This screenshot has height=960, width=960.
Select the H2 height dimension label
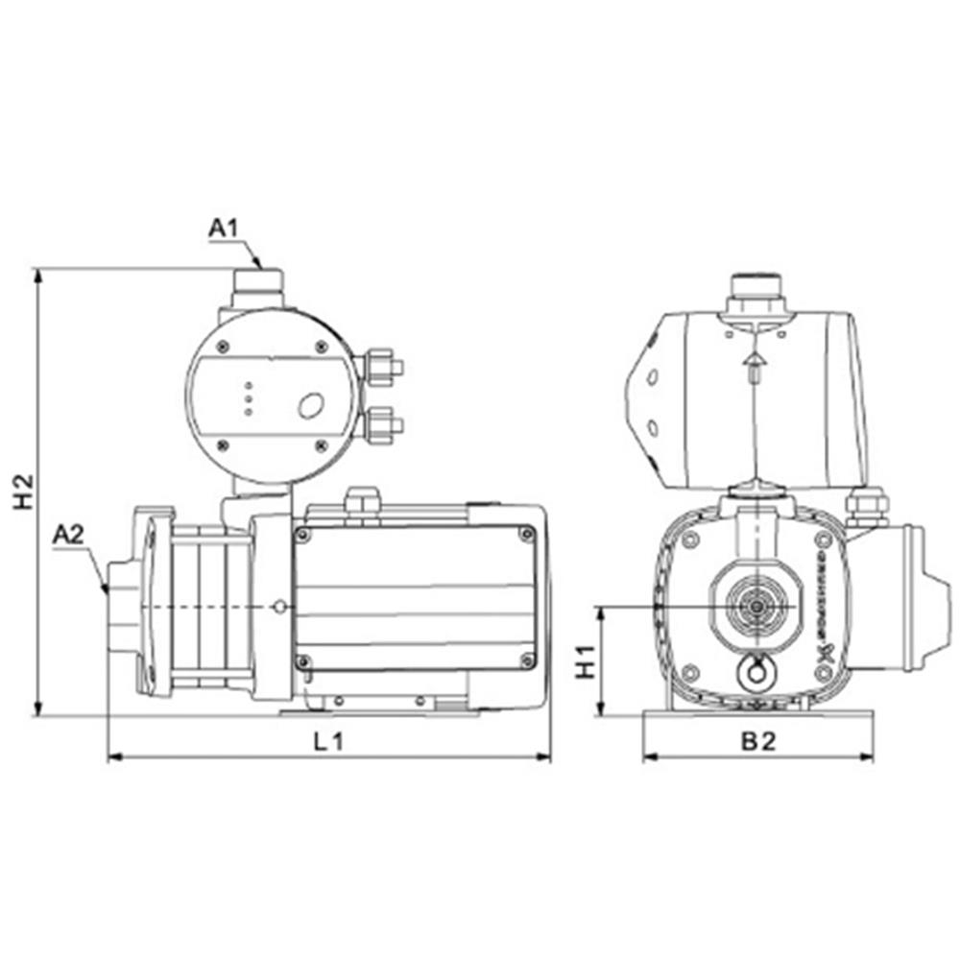23,491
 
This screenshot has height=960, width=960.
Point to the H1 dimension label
586,662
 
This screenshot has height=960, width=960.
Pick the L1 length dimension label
329,740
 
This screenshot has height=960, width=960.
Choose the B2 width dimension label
757,740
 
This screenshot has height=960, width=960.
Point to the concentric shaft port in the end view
757,607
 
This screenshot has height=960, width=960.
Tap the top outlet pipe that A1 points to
256,285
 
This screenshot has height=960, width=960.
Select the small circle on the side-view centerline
278,607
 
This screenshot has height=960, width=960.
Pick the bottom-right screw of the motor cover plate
526,660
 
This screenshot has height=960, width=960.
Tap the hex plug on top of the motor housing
362,499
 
